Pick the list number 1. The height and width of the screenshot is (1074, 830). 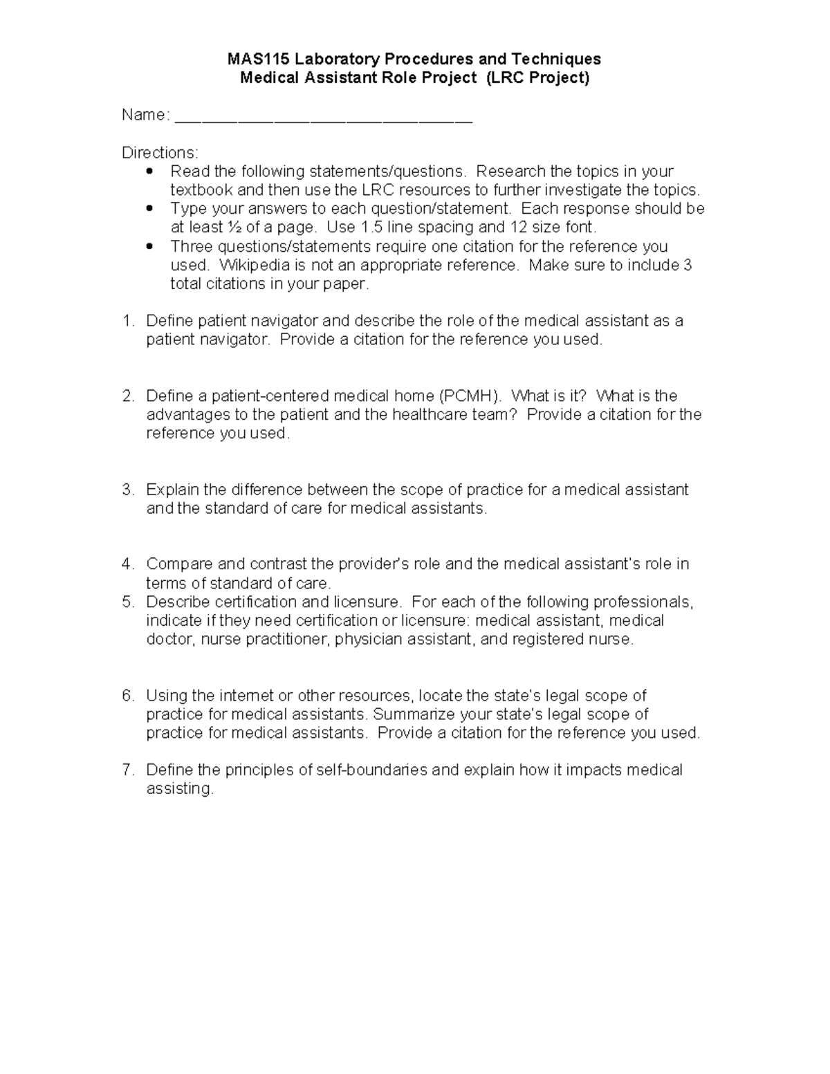point(127,321)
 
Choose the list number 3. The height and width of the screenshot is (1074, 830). point(127,490)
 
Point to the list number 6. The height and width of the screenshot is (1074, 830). point(127,696)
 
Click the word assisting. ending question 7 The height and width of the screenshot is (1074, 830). point(180,789)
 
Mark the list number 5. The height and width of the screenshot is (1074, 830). point(127,602)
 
